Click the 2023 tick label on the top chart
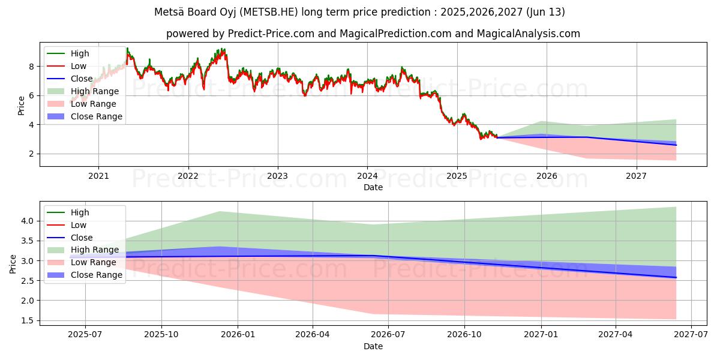coord(278,176)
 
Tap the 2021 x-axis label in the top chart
coord(98,176)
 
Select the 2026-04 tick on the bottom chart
coord(313,335)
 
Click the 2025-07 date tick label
coord(85,335)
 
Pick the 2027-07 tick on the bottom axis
coord(691,335)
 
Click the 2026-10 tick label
coord(464,335)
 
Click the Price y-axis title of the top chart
coord(22,106)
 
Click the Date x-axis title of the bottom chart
coord(373,346)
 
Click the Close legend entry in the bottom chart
coord(82,238)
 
